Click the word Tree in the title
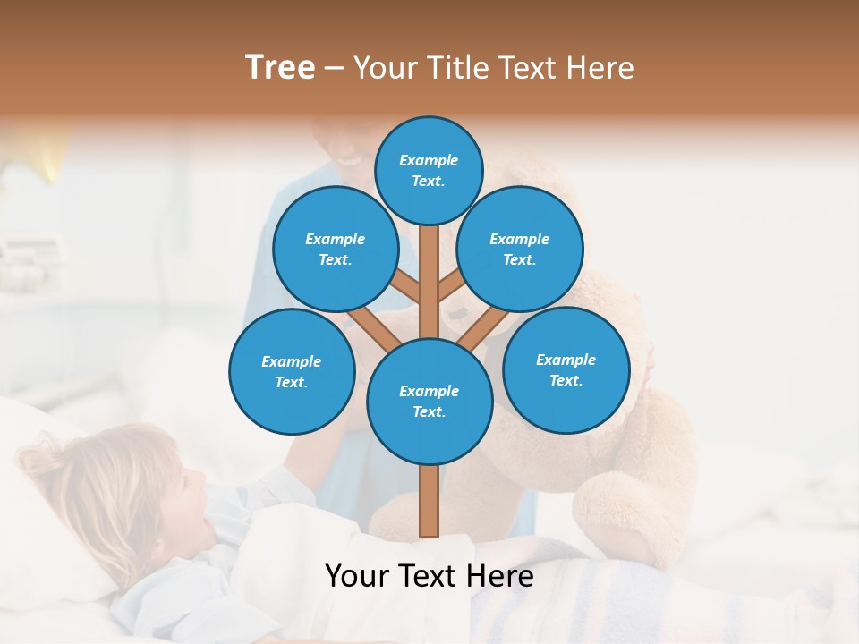[x=280, y=67]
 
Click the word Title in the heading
[x=456, y=67]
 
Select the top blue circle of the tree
[x=429, y=170]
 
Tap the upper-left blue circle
[x=336, y=249]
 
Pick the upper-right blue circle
[x=520, y=249]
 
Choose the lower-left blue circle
[x=292, y=371]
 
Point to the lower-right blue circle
[x=566, y=369]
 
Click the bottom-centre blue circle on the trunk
[x=429, y=402]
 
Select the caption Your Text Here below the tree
[x=429, y=576]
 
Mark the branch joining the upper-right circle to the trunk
[x=452, y=286]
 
